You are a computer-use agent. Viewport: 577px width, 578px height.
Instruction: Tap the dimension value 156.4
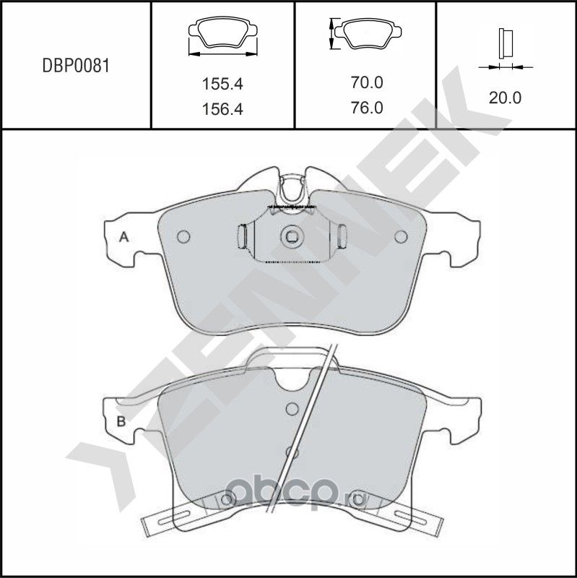pyautogui.click(x=222, y=110)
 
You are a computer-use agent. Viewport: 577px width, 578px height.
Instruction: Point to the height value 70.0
pyautogui.click(x=366, y=83)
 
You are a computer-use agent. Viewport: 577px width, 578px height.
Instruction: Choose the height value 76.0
pyautogui.click(x=366, y=108)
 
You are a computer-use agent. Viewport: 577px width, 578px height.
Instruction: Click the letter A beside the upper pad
pyautogui.click(x=123, y=237)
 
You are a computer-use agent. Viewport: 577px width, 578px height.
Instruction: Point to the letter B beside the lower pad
pyautogui.click(x=121, y=421)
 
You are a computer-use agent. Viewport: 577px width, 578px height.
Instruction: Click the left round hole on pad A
pyautogui.click(x=183, y=236)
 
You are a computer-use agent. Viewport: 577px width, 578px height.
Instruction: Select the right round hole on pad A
pyautogui.click(x=401, y=236)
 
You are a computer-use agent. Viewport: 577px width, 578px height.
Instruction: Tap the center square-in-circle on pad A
pyautogui.click(x=292, y=236)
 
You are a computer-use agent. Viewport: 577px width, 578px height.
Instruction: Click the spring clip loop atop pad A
pyautogui.click(x=292, y=189)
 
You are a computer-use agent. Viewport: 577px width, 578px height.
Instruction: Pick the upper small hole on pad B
pyautogui.click(x=292, y=407)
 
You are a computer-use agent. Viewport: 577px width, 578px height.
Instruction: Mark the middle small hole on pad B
pyautogui.click(x=291, y=452)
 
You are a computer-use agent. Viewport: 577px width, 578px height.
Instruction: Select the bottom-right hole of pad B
pyautogui.click(x=355, y=501)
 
